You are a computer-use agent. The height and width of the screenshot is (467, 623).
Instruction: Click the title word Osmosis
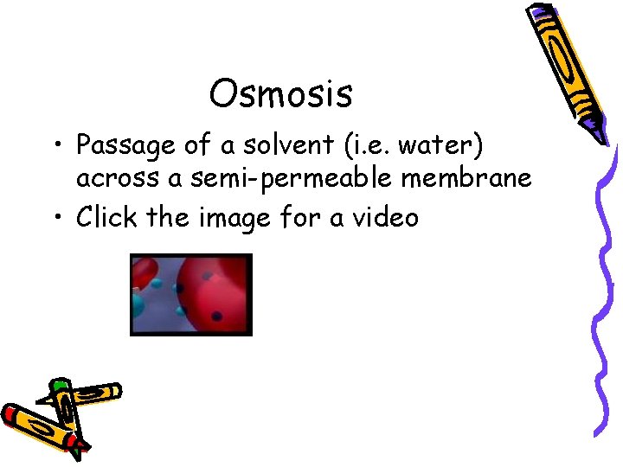280,93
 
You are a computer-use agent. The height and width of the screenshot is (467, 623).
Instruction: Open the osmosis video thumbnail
190,295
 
